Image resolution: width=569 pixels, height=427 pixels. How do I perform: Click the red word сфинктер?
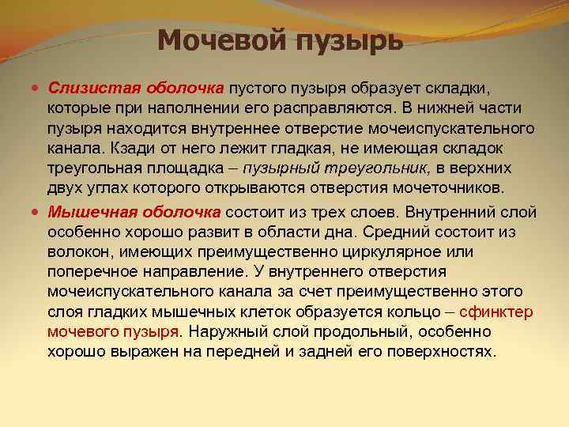pos(481,312)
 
